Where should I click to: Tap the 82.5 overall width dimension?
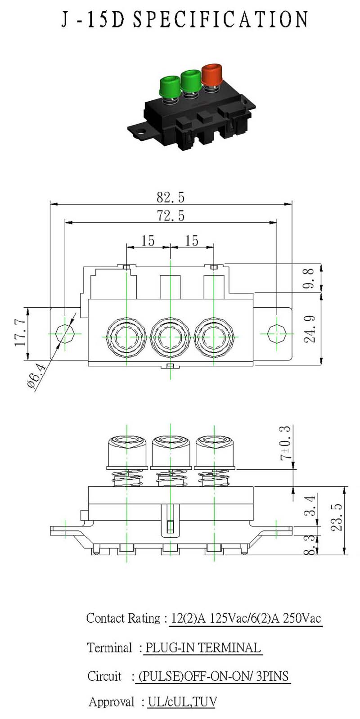pos(171,197)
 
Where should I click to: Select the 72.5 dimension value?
pos(171,216)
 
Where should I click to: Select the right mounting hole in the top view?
pos(276,334)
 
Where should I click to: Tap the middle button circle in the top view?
pos(171,337)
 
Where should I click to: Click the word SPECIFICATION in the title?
pos(221,20)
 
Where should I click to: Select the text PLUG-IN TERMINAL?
pos(202,647)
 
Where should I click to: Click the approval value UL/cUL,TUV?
pos(182,701)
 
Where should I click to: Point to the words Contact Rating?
pos(123,618)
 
